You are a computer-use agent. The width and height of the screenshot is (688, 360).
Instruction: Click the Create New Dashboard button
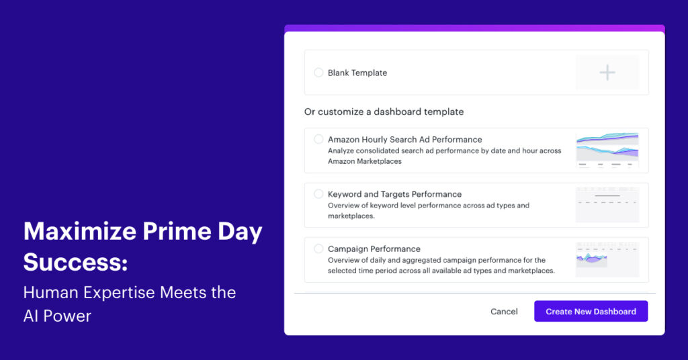click(591, 312)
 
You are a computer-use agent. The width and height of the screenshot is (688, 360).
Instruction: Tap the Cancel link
click(504, 312)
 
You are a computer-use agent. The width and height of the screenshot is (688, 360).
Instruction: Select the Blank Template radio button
click(318, 73)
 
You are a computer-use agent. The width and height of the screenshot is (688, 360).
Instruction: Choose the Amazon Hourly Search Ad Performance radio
click(318, 139)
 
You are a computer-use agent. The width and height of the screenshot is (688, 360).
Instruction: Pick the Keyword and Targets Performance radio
click(318, 193)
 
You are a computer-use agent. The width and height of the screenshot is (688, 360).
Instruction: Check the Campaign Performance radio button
click(318, 249)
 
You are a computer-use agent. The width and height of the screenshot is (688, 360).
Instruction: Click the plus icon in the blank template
click(607, 73)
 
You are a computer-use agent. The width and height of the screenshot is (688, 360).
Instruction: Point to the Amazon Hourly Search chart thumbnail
click(607, 150)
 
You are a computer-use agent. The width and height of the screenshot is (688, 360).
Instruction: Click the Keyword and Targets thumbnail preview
click(607, 204)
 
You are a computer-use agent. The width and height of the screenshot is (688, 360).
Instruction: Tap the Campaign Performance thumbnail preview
click(607, 259)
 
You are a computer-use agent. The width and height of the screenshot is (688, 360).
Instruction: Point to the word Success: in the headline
click(75, 262)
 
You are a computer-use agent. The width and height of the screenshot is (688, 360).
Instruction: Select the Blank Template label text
click(357, 73)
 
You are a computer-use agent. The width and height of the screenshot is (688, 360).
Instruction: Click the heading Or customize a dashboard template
click(384, 111)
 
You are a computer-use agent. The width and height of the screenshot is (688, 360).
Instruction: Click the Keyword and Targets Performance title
click(394, 194)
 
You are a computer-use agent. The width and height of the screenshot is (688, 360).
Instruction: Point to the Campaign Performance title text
click(374, 249)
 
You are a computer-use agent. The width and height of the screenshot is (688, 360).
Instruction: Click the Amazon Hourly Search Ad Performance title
click(404, 140)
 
